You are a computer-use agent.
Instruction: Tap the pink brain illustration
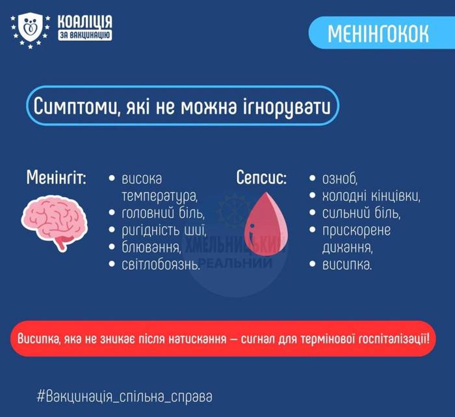[x=55, y=217]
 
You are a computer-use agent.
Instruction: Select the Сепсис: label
[x=261, y=178]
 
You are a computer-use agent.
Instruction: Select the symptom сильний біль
[x=361, y=213]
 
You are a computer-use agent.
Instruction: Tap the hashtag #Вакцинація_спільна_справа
[x=125, y=396]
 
